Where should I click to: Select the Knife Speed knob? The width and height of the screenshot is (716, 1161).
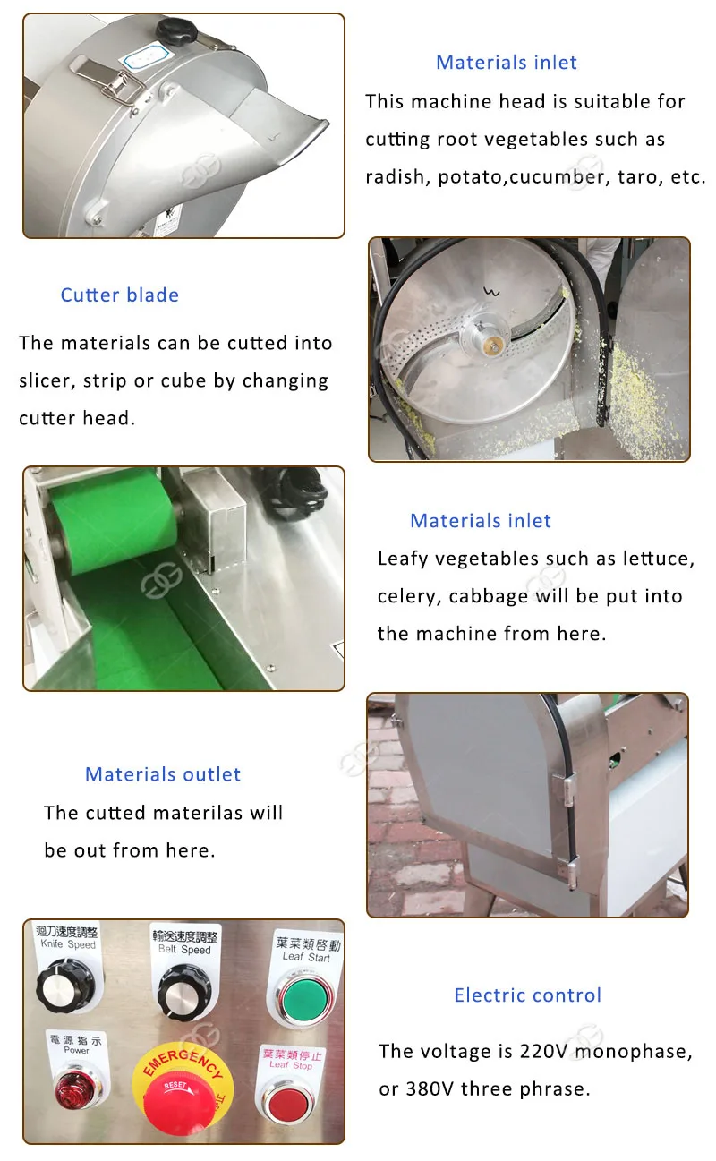[x=65, y=986]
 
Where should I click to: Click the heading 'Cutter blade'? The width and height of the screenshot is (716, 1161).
[x=119, y=295]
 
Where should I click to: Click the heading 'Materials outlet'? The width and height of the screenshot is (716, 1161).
[x=163, y=774]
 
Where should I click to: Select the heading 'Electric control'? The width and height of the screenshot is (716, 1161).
[x=527, y=995]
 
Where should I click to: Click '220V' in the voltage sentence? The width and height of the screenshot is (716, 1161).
[x=544, y=1051]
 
